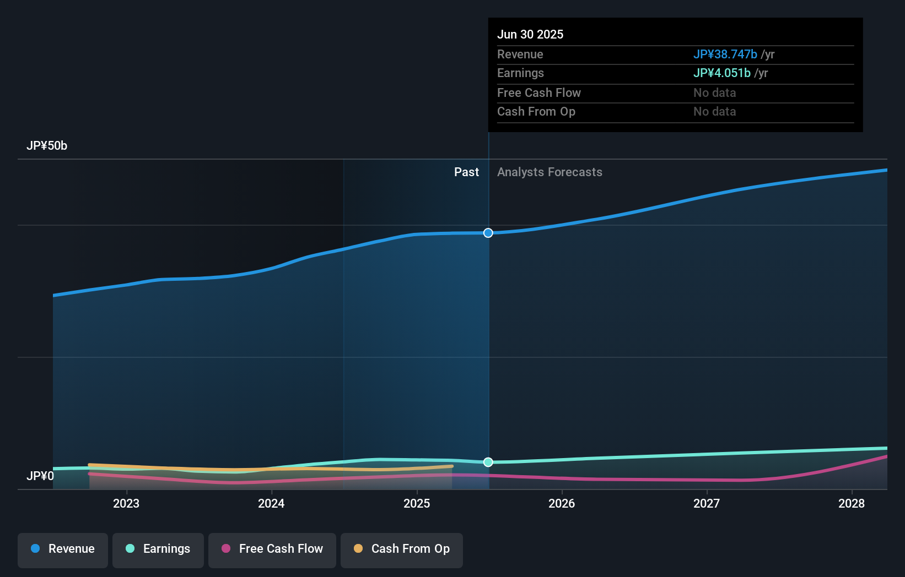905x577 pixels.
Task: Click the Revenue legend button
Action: coord(63,549)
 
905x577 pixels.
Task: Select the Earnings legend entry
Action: coord(158,549)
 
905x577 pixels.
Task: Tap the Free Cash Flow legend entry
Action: coord(272,549)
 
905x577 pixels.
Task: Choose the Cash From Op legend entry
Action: coord(402,549)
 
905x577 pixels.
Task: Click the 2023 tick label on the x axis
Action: coord(126,503)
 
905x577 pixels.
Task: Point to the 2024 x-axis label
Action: coord(271,503)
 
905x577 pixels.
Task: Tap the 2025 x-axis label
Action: coord(417,503)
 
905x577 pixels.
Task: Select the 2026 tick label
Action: coord(562,503)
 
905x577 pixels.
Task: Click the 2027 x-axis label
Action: coord(707,503)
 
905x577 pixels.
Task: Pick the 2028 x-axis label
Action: coord(852,503)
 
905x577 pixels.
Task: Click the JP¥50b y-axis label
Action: coord(47,146)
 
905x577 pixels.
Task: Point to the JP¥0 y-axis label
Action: coord(40,476)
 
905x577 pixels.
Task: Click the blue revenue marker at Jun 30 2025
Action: coord(488,233)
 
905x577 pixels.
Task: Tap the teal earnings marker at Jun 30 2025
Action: coord(488,462)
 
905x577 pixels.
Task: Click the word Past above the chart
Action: coord(466,172)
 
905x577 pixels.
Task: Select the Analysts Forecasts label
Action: coord(550,172)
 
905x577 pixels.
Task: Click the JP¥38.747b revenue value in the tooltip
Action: coord(725,55)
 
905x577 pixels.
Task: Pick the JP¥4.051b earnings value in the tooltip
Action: coord(721,73)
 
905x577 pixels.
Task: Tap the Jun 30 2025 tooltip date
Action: coord(530,35)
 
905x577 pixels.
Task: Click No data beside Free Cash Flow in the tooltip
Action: coord(714,93)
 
